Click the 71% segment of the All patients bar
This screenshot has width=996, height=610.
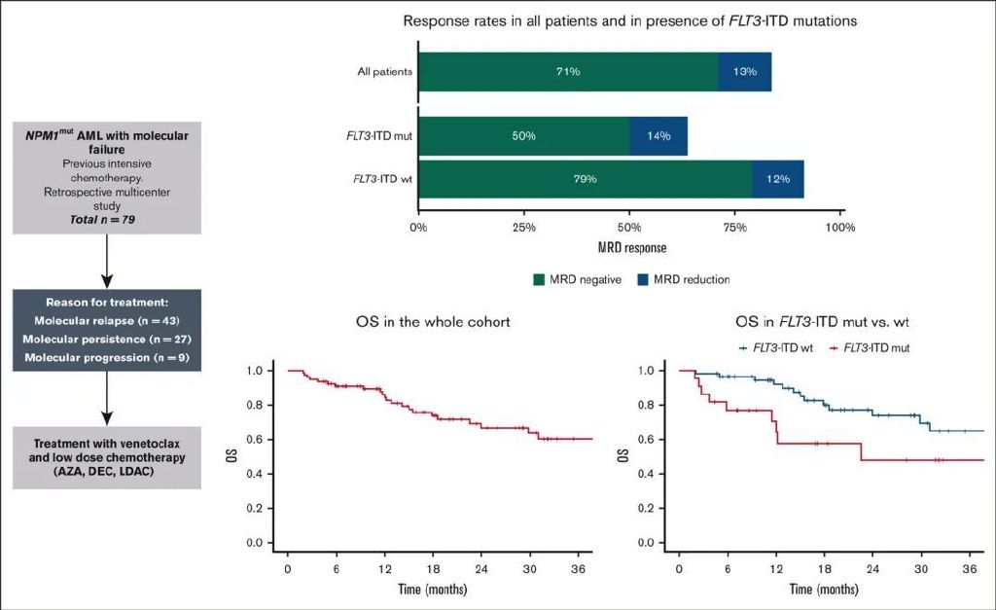568,72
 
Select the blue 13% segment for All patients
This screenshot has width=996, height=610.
745,72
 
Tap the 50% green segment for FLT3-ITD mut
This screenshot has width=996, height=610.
523,135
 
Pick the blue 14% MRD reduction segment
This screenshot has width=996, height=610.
658,135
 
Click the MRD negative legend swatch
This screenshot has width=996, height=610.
540,280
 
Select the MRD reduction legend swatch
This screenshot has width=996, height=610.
643,280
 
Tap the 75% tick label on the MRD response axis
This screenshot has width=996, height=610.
735,228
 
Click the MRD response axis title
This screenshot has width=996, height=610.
631,247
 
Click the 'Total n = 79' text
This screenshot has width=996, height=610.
107,220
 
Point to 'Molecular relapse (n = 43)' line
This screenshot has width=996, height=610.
106,320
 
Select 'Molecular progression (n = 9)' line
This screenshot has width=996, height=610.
106,359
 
